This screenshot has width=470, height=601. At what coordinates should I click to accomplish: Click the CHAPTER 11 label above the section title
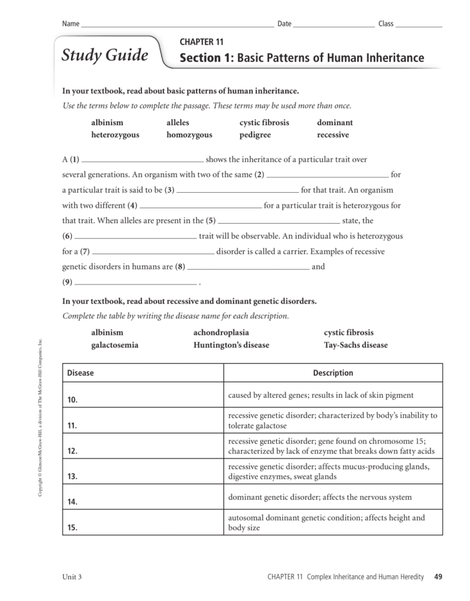click(201, 43)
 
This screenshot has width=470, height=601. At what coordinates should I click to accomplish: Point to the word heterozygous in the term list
click(115, 135)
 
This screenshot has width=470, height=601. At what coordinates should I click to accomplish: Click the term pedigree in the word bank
click(255, 135)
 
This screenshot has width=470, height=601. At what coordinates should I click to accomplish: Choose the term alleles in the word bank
click(178, 123)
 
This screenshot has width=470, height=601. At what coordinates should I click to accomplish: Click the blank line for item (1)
click(143, 161)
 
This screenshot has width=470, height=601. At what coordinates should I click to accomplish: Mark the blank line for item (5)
click(279, 222)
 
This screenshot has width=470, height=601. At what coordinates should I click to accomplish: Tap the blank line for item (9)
click(136, 283)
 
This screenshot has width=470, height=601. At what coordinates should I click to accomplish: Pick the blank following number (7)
click(153, 253)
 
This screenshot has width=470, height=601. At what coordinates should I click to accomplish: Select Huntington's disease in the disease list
click(231, 345)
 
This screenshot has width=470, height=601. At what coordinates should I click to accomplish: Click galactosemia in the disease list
click(114, 345)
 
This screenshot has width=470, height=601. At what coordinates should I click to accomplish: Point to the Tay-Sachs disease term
click(356, 345)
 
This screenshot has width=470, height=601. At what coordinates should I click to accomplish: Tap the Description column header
click(333, 373)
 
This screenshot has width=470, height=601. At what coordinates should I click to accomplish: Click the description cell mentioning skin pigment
click(333, 395)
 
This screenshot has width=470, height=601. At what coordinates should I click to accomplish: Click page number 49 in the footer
click(438, 576)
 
